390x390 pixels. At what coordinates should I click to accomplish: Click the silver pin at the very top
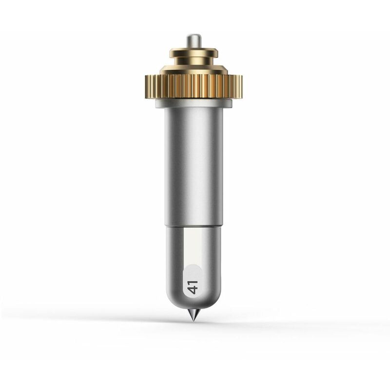pyautogui.click(x=194, y=41)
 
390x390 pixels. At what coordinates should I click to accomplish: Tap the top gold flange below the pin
pyautogui.click(x=194, y=53)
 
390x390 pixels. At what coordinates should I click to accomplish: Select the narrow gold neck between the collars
pyautogui.click(x=194, y=61)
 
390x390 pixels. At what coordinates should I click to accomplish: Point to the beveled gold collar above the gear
pyautogui.click(x=194, y=70)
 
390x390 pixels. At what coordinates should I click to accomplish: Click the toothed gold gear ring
pyautogui.click(x=194, y=86)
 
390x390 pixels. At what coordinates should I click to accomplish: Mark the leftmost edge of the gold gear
pyautogui.click(x=145, y=87)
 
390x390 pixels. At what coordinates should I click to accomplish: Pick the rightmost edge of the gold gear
pyautogui.click(x=242, y=87)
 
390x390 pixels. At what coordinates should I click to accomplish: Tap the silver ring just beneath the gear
pyautogui.click(x=194, y=103)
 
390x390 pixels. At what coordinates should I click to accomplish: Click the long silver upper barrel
pyautogui.click(x=194, y=167)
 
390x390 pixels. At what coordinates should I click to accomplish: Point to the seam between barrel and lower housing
pyautogui.click(x=194, y=227)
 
